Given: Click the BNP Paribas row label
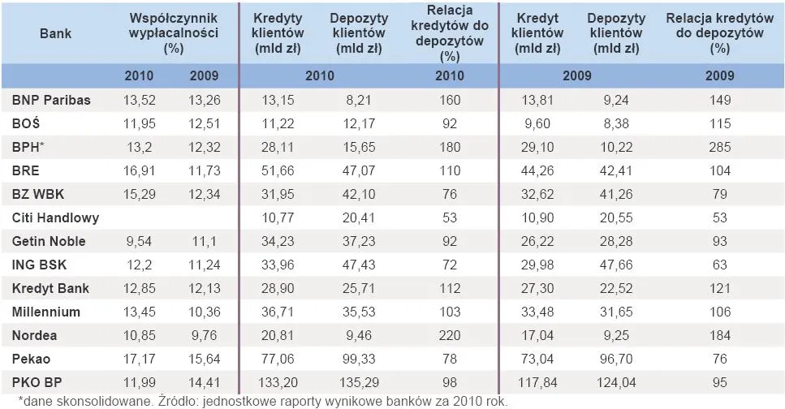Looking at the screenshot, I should tap(51, 101).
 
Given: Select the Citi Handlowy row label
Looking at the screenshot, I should tap(56, 218).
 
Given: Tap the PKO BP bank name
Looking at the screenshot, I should tap(38, 382).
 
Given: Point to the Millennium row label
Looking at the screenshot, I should tap(46, 312).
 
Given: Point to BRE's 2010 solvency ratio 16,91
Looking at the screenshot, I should tap(140, 171).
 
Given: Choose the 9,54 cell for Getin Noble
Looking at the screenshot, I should tap(140, 242).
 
